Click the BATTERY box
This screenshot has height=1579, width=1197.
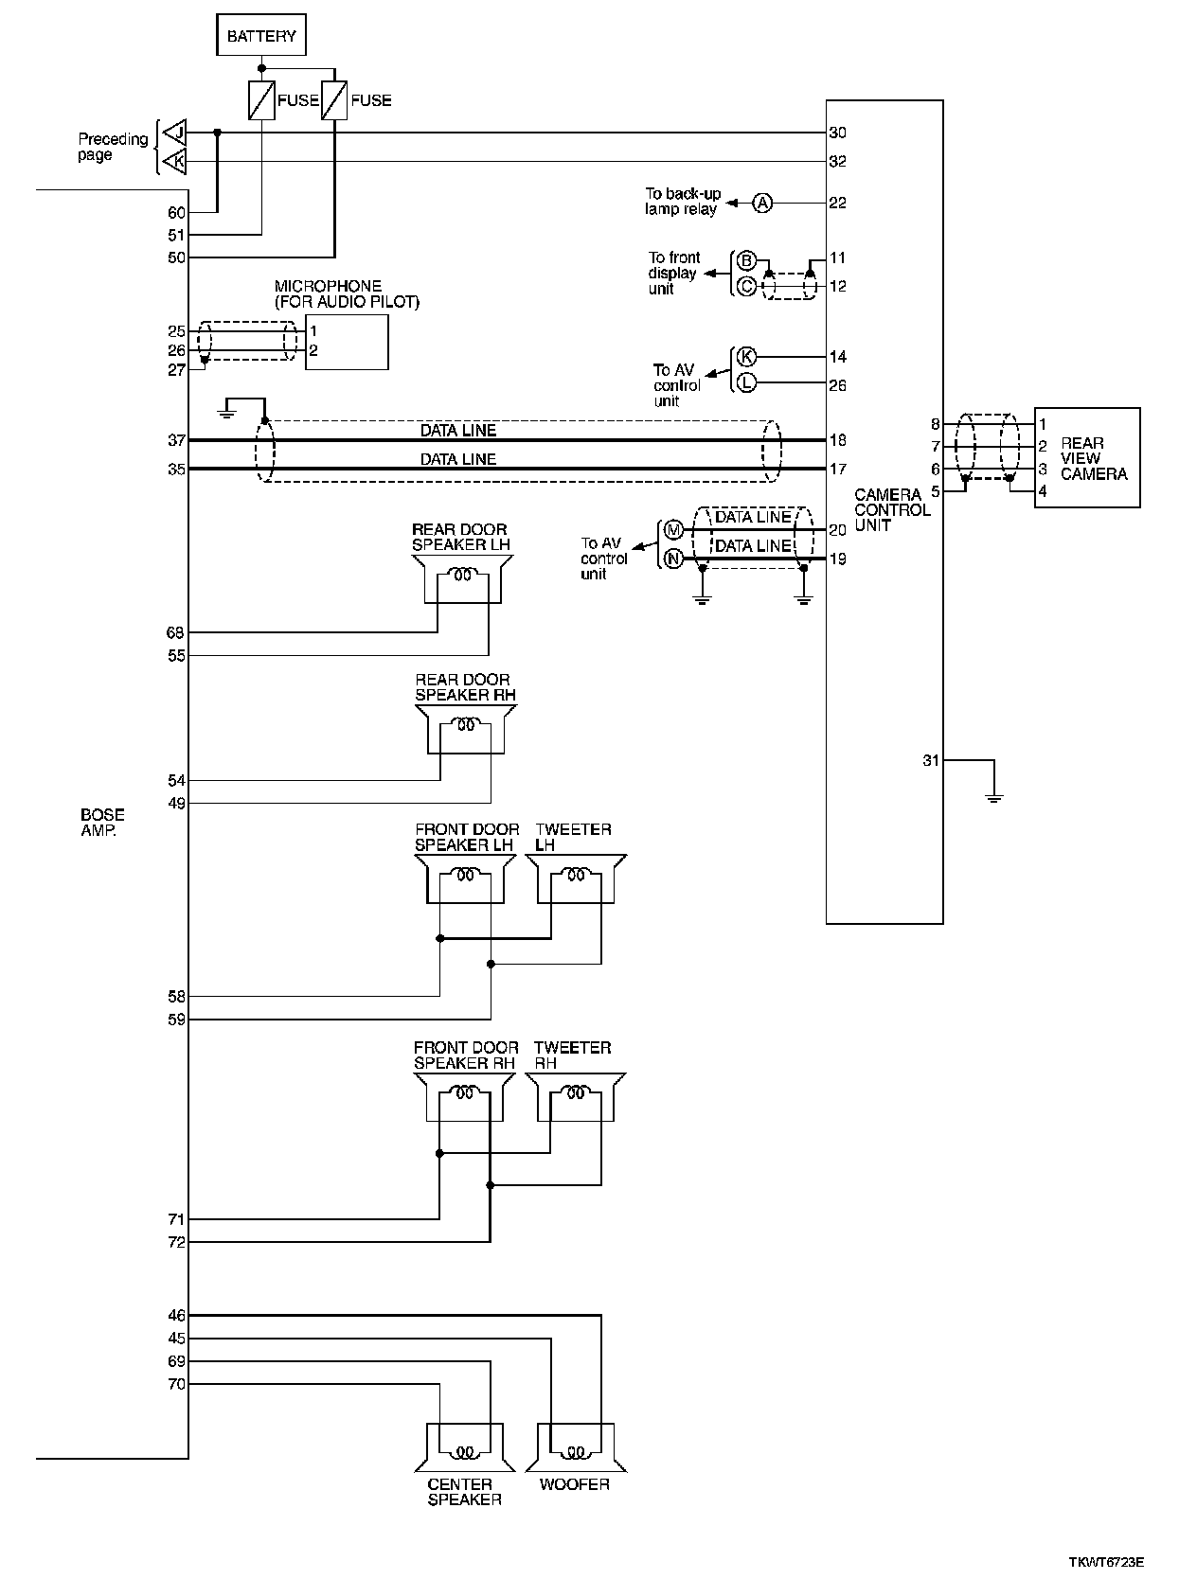[x=261, y=37]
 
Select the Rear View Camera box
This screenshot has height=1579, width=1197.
[x=1086, y=458]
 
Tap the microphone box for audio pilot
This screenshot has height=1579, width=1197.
[x=347, y=342]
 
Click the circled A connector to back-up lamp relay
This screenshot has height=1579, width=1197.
[x=762, y=203]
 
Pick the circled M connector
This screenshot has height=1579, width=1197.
[x=673, y=530]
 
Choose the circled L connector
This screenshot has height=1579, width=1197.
[x=746, y=383]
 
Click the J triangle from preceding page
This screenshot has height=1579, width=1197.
[x=174, y=133]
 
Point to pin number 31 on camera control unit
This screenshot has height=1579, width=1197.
[x=931, y=759]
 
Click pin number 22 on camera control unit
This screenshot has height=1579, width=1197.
[x=837, y=203]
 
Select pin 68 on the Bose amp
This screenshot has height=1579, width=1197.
[x=176, y=632]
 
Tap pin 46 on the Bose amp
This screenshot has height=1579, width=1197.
[x=176, y=1315]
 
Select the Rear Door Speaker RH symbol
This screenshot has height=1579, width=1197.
[x=465, y=729]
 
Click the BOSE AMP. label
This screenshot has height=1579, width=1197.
[x=102, y=822]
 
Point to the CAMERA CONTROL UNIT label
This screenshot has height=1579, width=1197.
[x=892, y=509]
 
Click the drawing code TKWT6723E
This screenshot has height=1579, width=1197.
[x=1113, y=1562]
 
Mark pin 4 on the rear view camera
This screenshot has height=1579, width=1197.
[x=1043, y=491]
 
